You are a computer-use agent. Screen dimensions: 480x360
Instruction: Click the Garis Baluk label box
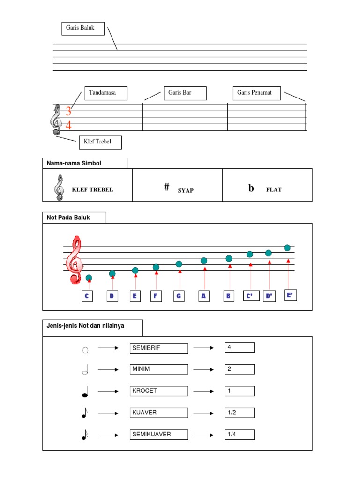tap(82, 28)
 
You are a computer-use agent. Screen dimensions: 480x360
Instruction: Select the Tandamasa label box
tap(106, 93)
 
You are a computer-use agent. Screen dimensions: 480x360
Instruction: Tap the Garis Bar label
tap(185, 93)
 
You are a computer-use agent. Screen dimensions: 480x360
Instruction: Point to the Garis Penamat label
tap(257, 93)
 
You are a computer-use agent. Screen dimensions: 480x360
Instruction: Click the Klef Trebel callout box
tap(100, 142)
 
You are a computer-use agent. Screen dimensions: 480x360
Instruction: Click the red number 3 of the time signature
tap(68, 112)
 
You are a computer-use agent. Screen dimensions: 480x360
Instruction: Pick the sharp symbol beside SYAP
tap(166, 187)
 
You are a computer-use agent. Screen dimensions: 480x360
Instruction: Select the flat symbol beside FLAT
tap(251, 188)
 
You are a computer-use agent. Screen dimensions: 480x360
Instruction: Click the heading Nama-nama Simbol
tap(84, 163)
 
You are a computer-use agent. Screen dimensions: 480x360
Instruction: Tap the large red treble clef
tap(75, 260)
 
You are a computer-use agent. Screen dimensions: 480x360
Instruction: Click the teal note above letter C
tap(89, 278)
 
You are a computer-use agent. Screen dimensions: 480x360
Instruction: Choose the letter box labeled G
tap(179, 296)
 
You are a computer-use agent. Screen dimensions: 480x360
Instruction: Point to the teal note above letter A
tap(204, 261)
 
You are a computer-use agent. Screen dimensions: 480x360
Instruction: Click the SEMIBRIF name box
tap(159, 348)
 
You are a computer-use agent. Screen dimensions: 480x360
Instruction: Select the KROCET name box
tap(159, 391)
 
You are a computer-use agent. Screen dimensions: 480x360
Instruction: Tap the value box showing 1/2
tap(240, 412)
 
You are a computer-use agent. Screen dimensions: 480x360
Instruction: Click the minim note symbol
tap(85, 371)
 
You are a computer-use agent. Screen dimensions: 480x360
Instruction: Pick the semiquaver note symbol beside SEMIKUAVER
tap(85, 435)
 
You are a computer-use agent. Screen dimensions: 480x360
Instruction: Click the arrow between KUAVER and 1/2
tap(204, 413)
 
